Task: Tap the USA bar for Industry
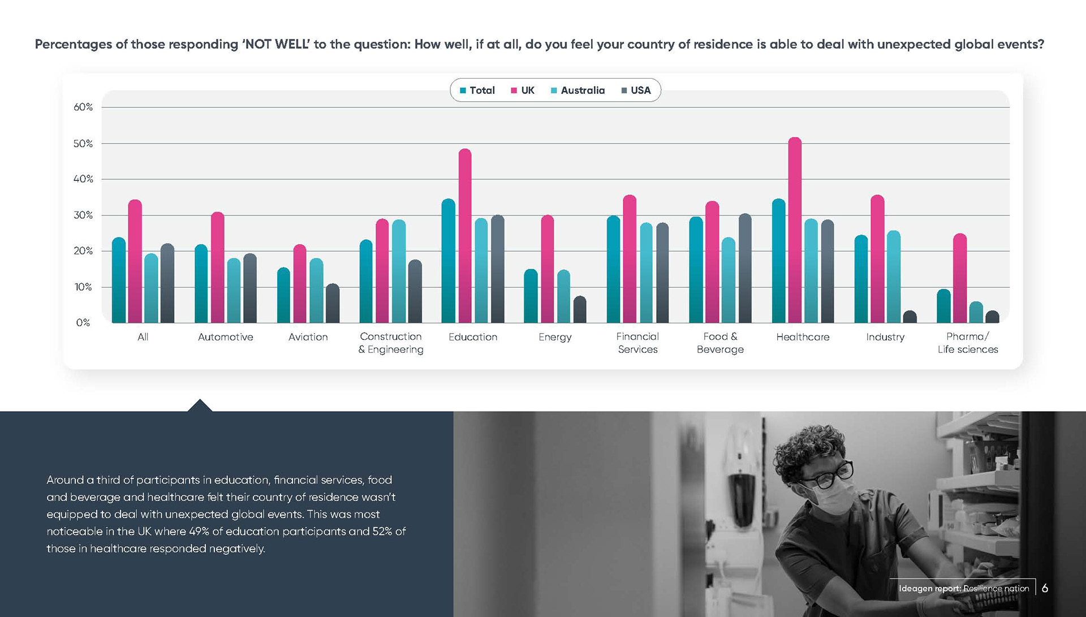(910, 317)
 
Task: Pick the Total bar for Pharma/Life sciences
(943, 306)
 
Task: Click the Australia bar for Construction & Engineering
(399, 271)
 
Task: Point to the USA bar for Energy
(580, 310)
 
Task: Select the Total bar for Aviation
(283, 295)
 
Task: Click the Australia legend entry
(578, 90)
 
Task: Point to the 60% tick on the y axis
(83, 107)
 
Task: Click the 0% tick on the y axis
(83, 323)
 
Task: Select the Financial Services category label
(637, 343)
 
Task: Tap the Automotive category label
(226, 337)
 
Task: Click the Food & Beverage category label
(720, 343)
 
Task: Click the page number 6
(1045, 588)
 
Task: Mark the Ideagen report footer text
(964, 588)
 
